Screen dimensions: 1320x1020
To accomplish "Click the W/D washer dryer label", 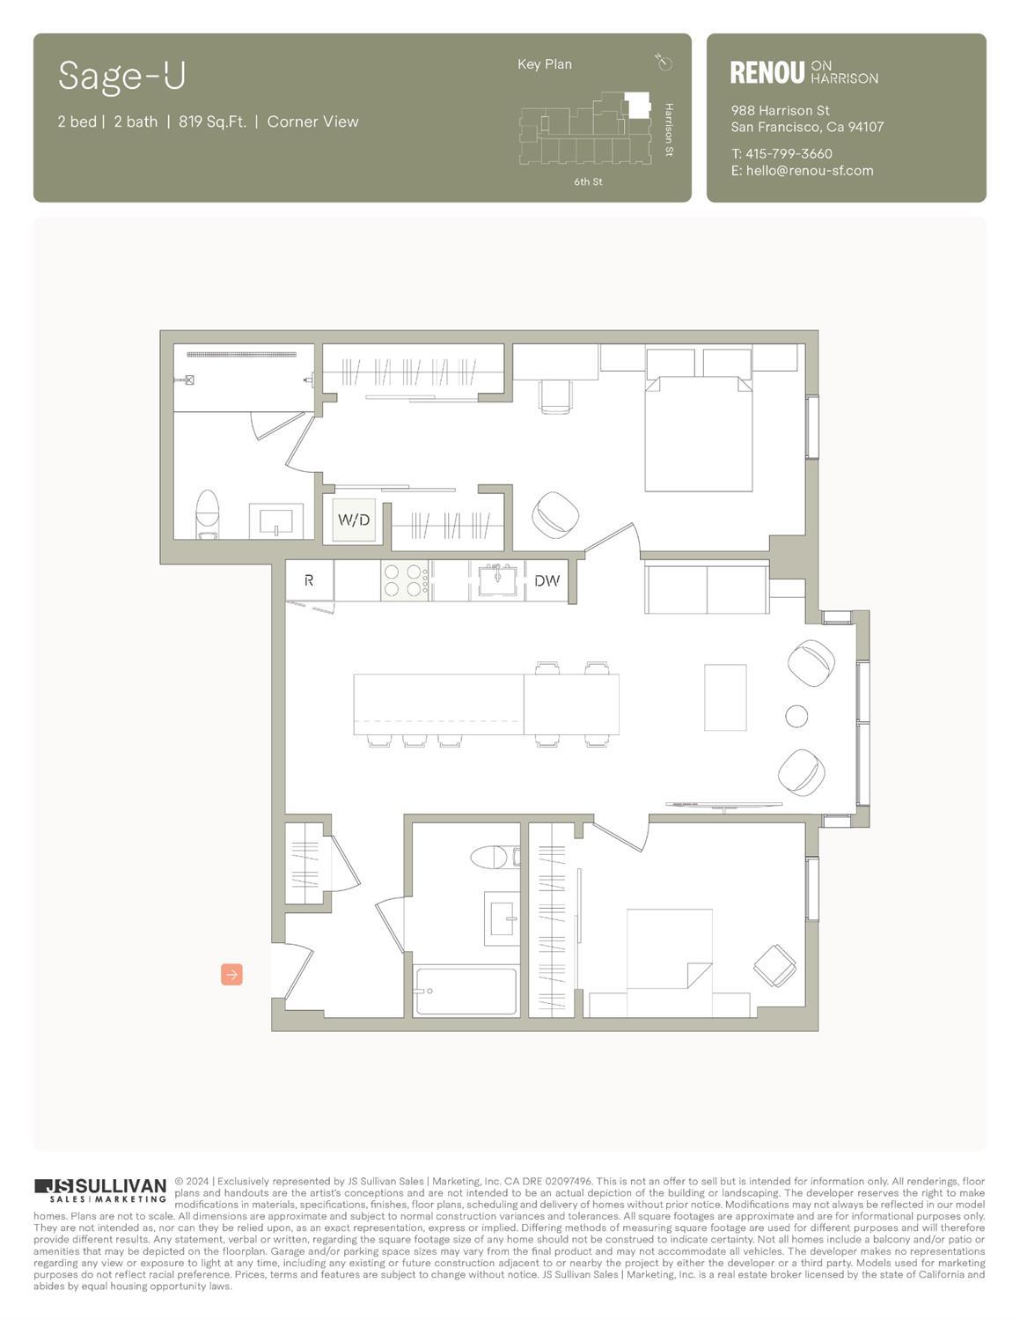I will click(354, 520).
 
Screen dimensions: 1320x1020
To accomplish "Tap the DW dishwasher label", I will click(547, 581).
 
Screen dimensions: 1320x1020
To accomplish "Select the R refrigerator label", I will click(309, 581).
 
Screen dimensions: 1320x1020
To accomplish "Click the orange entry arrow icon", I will click(231, 974).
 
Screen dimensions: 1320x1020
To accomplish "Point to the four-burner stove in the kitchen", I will click(405, 581).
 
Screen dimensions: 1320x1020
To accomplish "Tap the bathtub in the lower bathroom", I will click(466, 992).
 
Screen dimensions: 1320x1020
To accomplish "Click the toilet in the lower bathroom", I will click(491, 856).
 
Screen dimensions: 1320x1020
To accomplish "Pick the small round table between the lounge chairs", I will click(796, 716).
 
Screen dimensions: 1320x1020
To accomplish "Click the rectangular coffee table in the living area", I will click(725, 697).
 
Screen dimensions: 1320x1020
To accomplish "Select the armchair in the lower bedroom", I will click(775, 966).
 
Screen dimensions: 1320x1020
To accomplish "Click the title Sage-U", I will click(122, 77).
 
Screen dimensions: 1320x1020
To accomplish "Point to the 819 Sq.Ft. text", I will click(212, 122).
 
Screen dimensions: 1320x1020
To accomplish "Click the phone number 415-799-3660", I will click(789, 154).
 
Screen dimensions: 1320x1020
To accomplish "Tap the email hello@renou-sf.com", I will click(810, 171).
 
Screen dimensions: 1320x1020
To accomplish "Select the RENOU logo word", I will click(767, 73).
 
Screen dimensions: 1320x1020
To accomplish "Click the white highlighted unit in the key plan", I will click(636, 104).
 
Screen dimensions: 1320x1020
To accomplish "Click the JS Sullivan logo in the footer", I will click(100, 1190).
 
